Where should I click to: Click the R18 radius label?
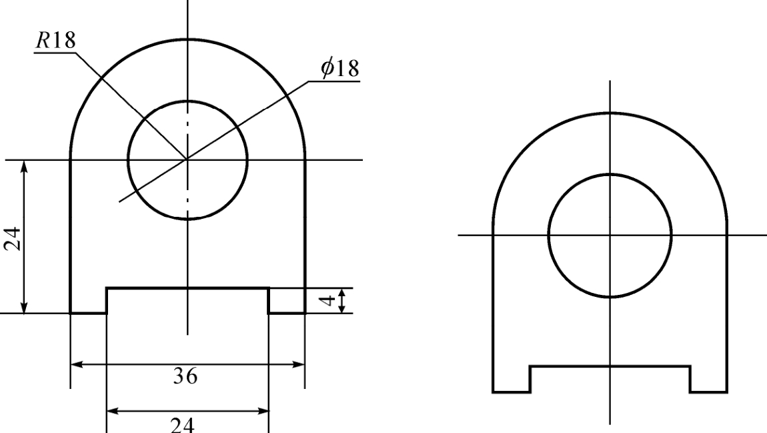click(56, 40)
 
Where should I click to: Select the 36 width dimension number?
click(185, 376)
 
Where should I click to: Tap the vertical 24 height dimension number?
click(13, 239)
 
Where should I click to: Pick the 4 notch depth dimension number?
click(329, 300)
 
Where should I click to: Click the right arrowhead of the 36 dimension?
click(298, 364)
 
